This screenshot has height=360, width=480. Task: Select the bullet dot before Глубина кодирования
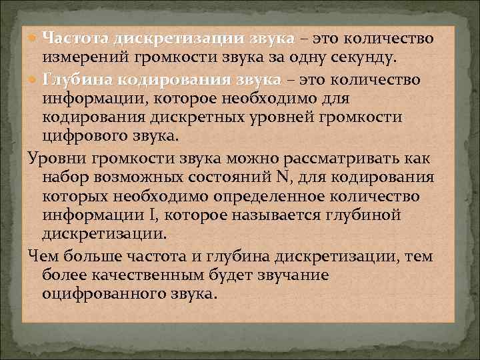pos(33,80)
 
